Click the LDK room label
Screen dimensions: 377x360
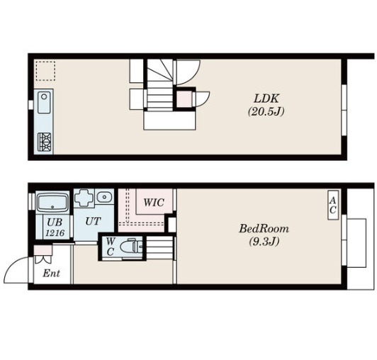click(266, 99)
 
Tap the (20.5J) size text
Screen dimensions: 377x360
click(266, 111)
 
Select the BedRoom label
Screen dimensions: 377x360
click(264, 228)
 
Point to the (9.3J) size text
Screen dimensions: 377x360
click(264, 241)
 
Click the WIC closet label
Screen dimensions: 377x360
click(154, 203)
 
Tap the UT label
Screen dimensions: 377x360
click(93, 221)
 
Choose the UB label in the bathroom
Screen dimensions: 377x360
click(55, 223)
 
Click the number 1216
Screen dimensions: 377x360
click(55, 232)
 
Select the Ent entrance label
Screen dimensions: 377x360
click(51, 274)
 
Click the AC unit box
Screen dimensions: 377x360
click(333, 205)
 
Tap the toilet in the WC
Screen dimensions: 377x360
click(132, 245)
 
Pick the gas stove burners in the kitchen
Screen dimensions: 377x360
click(45, 142)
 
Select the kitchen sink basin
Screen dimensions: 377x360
click(44, 103)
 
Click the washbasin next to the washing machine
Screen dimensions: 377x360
click(104, 197)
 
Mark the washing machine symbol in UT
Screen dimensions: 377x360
click(84, 198)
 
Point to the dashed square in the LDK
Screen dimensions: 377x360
click(45, 71)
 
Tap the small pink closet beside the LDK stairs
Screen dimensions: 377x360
click(184, 99)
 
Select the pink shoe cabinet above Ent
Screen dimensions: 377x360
click(43, 250)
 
